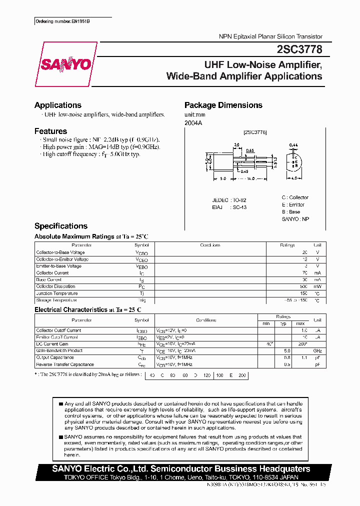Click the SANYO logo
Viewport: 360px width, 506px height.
tap(66, 64)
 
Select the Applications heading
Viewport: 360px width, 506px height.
tap(58, 105)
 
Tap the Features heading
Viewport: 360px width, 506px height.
tap(50, 131)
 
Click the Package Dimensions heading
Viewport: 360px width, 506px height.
tap(223, 105)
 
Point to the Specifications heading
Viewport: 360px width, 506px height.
tap(61, 226)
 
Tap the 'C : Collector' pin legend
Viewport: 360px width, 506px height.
tap(295, 197)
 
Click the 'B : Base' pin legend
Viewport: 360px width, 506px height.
tap(291, 212)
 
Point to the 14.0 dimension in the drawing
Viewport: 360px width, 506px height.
tap(250, 178)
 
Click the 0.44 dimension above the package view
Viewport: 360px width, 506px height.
tap(293, 145)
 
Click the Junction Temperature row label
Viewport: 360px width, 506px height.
tap(57, 293)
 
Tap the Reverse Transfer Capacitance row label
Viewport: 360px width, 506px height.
tap(65, 364)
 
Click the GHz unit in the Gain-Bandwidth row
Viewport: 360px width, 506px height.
tap(317, 351)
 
